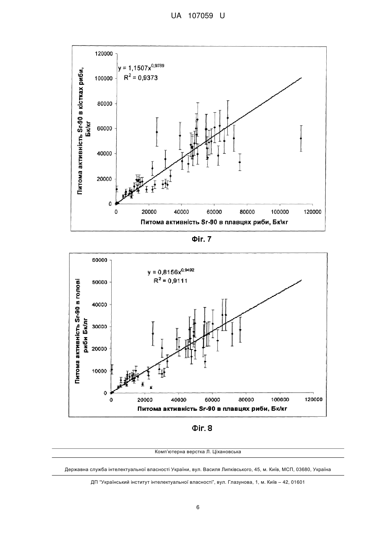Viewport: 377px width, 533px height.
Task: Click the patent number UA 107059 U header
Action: click(198, 16)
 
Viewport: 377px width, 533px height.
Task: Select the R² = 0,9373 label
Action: click(141, 78)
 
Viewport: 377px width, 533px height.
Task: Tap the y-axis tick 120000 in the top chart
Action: click(104, 54)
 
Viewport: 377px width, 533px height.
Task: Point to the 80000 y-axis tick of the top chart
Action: click(105, 104)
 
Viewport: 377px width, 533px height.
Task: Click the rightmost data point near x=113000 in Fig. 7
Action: click(301, 138)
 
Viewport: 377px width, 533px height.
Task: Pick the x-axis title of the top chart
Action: click(214, 222)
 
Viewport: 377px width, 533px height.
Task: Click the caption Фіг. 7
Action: click(201, 239)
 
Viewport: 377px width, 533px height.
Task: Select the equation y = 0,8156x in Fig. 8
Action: click(171, 271)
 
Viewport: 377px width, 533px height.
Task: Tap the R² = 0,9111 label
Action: click(171, 281)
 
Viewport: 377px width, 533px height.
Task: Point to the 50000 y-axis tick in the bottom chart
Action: click(100, 282)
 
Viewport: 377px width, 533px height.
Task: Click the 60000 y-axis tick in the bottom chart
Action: click(100, 260)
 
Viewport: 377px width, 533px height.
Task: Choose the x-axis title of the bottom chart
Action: click(212, 409)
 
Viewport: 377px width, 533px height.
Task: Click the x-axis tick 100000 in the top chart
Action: click(280, 212)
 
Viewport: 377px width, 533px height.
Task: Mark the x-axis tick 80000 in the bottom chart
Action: click(246, 399)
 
